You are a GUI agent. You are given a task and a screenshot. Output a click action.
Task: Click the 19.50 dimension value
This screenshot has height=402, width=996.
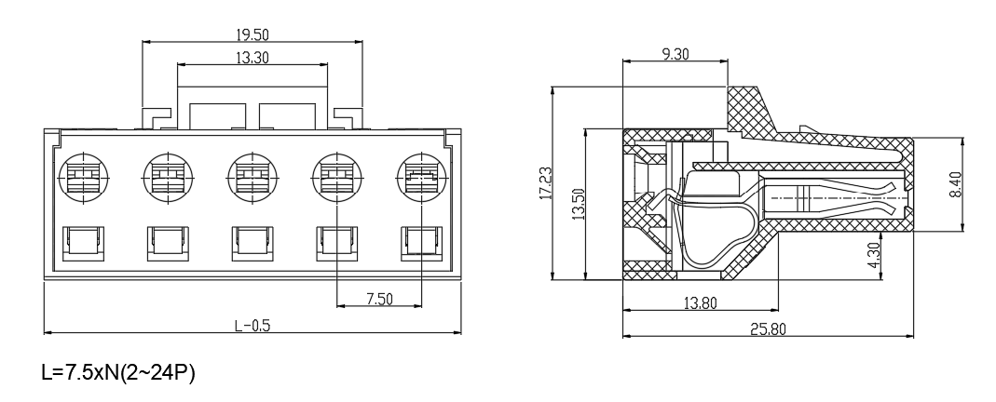point(252,33)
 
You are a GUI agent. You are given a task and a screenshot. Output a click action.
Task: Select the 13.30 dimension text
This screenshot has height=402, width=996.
point(252,58)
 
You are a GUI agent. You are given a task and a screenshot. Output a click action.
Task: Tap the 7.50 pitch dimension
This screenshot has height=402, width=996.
point(379,299)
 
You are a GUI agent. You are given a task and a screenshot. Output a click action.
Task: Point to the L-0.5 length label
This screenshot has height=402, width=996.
point(252,326)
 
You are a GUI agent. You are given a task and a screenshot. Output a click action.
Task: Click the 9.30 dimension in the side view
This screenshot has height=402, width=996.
point(675,54)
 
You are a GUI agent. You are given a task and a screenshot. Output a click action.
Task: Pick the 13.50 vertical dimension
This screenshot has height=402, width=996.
point(578,204)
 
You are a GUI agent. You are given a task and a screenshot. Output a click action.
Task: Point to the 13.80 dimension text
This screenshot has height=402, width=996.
point(700,303)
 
